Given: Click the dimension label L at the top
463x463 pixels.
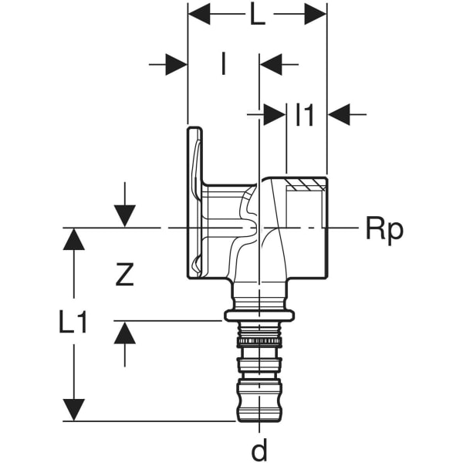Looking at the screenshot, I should point(257,15).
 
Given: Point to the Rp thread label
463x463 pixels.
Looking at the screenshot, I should point(384,228).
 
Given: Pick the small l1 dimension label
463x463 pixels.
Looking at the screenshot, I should point(306,115).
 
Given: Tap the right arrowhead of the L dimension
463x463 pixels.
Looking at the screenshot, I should point(315,13).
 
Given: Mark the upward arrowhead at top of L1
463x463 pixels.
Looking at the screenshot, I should point(73,239).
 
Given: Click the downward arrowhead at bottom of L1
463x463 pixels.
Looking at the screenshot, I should point(73,410).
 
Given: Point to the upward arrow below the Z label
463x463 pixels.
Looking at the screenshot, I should point(124,333).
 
